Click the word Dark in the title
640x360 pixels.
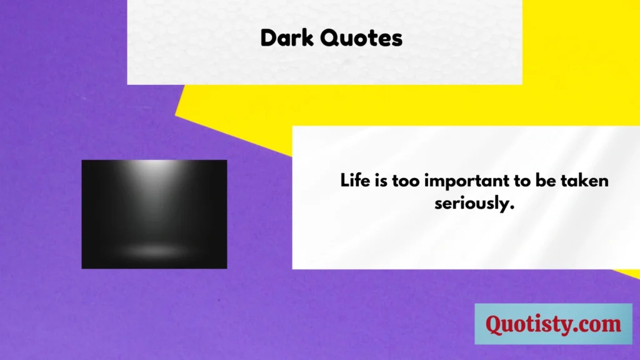click(287, 38)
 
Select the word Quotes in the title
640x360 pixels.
click(361, 38)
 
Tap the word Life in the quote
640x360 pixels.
click(355, 181)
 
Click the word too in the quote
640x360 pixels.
click(406, 181)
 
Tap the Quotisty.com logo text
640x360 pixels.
click(553, 324)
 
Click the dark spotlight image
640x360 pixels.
click(154, 214)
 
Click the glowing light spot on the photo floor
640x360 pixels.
click(154, 250)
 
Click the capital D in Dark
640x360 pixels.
click(269, 38)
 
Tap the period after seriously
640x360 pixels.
click(512, 209)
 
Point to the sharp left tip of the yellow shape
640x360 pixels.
click(176, 116)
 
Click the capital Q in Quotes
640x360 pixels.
click(331, 38)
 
